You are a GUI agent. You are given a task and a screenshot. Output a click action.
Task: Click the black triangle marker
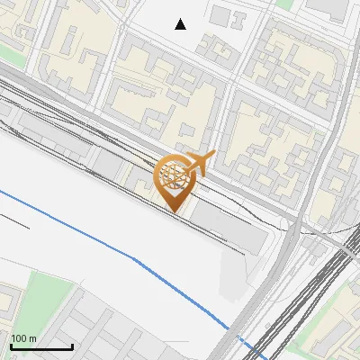point(180,24)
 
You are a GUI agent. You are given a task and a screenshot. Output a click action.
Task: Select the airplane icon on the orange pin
point(200,163)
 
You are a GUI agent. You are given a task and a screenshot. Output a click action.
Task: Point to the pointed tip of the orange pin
point(174,211)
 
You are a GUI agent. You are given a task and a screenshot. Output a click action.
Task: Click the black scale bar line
point(40,347)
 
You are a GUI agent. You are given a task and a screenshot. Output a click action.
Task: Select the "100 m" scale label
point(23,338)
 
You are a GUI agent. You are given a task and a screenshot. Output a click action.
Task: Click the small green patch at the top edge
point(285,4)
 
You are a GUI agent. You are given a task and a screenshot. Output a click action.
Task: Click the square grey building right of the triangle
point(221,15)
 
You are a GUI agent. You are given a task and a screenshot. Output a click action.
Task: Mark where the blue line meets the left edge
point(1,191)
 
